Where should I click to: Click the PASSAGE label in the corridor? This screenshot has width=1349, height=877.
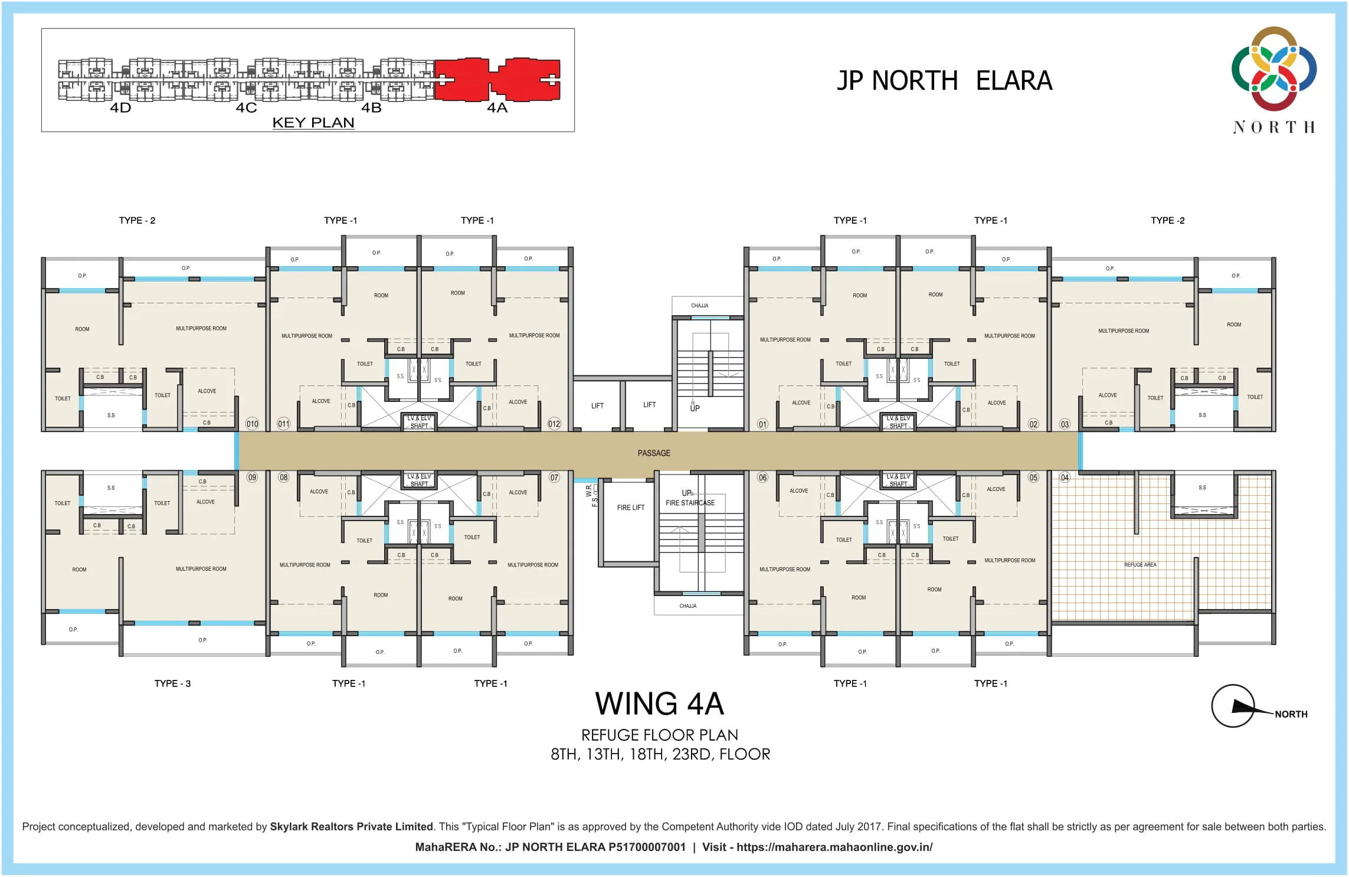point(654,453)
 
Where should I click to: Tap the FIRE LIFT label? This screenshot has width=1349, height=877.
point(631,508)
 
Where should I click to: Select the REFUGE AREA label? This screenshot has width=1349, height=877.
point(1140,565)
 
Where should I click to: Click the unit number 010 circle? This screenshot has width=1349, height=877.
point(252,424)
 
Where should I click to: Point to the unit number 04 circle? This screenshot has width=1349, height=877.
point(1065,477)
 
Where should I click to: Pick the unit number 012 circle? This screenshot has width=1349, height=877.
point(554,424)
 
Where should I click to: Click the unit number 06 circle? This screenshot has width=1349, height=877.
point(763,477)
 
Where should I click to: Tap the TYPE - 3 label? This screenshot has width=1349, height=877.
point(172,683)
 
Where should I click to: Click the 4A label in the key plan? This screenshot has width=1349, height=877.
point(497,108)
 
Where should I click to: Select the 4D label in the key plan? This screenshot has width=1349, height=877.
point(120,108)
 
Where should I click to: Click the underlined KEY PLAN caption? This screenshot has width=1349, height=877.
point(313,123)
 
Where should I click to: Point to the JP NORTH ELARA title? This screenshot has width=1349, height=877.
point(944,81)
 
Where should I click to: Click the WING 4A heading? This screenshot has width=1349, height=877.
point(659,704)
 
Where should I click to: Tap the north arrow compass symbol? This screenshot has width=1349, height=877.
point(1233,706)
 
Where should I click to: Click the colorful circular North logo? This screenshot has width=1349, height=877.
point(1274,68)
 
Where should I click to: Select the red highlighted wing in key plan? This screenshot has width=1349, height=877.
point(497,79)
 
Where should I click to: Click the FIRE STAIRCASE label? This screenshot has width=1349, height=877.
point(690,503)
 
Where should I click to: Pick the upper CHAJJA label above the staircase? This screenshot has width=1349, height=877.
point(700,306)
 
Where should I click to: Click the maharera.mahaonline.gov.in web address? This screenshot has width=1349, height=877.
point(834,847)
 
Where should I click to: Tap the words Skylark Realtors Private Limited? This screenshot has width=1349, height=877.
point(351,827)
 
